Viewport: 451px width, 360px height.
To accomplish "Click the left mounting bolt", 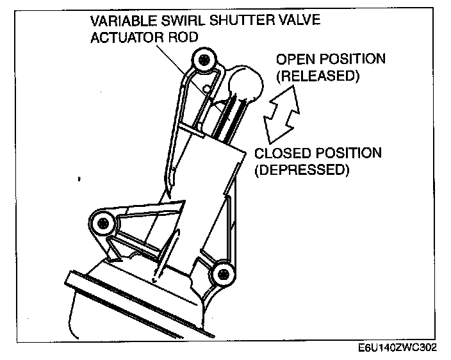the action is click(102, 223).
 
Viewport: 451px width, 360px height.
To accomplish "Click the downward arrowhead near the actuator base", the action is click(156, 277).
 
